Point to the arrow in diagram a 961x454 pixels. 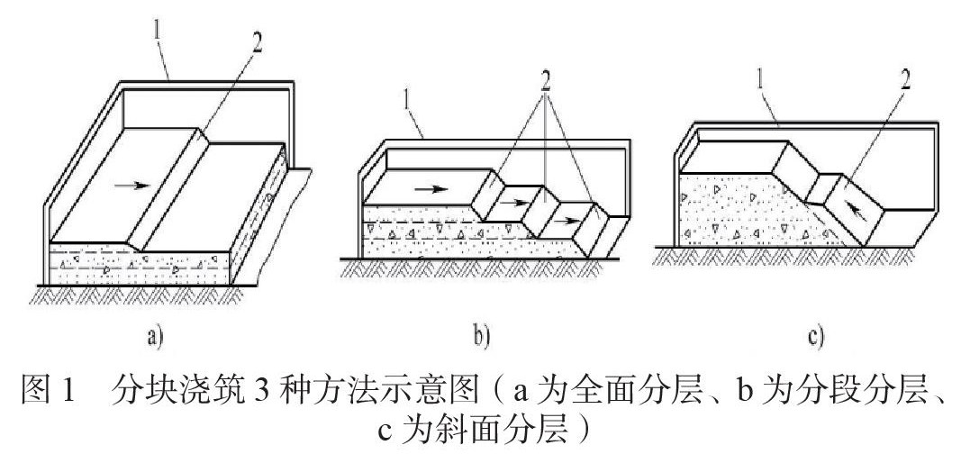[131, 185]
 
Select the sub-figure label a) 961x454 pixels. [155, 336]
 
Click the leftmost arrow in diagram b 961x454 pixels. [431, 189]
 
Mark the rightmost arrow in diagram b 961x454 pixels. [567, 220]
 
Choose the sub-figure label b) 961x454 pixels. [482, 336]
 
